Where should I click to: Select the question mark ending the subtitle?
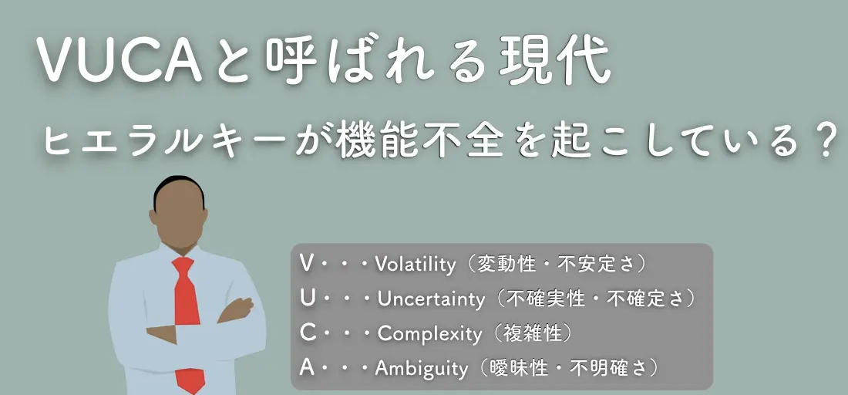point(827,139)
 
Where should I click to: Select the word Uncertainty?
point(431,299)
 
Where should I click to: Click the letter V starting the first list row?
point(306,264)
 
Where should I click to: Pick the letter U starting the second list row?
point(307,299)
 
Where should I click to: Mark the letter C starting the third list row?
point(307,333)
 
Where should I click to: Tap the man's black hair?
point(179,187)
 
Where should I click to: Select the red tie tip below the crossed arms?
point(190,380)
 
